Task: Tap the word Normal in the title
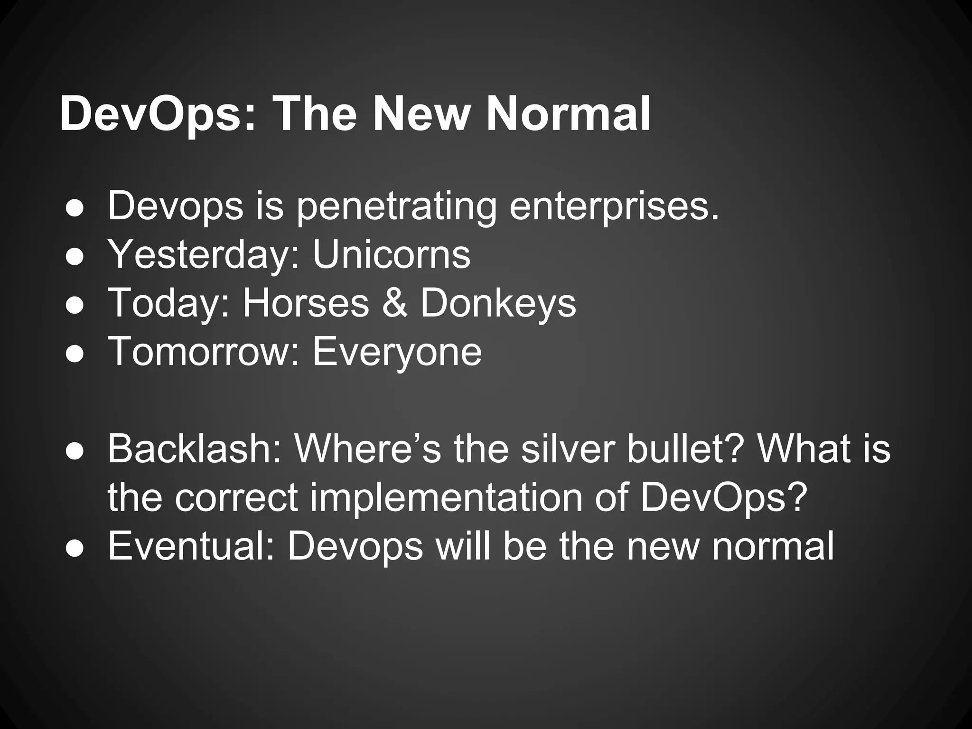pos(568,114)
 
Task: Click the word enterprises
pos(614,207)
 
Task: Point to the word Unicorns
pos(391,254)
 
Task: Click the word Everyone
pos(397,352)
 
